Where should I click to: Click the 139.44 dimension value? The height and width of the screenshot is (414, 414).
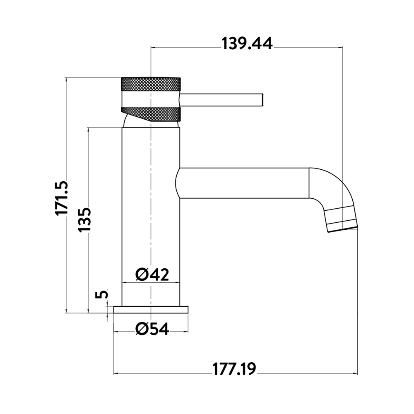247,44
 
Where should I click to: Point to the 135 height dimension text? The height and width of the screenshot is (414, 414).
84,220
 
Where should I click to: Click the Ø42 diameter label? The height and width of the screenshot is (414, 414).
152,274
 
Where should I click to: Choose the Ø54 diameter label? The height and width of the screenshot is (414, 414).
152,329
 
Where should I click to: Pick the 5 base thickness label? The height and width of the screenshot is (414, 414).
102,294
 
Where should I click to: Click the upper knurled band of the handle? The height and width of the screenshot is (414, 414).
151,84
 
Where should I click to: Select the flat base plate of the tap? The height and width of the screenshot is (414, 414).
151,310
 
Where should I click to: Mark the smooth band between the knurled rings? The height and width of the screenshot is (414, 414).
151,99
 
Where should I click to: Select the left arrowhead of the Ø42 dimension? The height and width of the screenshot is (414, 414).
124,282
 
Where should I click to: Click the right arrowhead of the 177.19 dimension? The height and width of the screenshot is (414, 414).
355,373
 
